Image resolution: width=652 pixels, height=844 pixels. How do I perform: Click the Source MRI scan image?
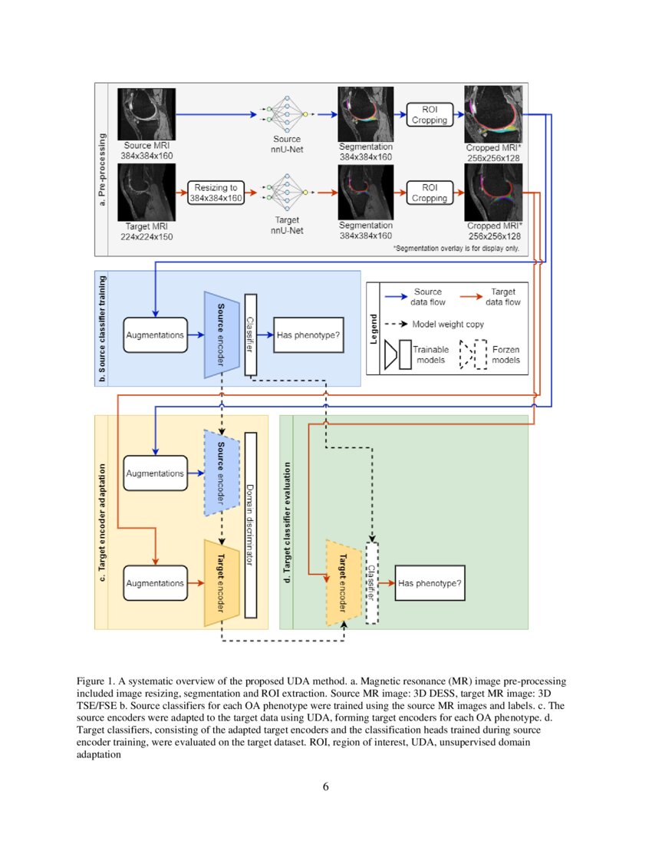pyautogui.click(x=147, y=114)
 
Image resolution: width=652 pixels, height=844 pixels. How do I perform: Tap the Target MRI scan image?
pyautogui.click(x=147, y=192)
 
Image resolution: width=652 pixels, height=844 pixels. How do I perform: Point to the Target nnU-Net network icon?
pyautogui.click(x=287, y=193)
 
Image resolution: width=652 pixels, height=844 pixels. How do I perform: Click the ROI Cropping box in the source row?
pyautogui.click(x=430, y=115)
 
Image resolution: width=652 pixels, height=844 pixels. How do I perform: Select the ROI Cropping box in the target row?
pyautogui.click(x=430, y=193)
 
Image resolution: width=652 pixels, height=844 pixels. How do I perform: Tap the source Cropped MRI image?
pyautogui.click(x=494, y=114)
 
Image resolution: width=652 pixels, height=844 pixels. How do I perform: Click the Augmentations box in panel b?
pyautogui.click(x=155, y=335)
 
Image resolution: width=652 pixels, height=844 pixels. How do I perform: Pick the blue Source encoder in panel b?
pyautogui.click(x=219, y=335)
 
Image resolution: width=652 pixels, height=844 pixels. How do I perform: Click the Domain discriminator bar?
pyautogui.click(x=249, y=524)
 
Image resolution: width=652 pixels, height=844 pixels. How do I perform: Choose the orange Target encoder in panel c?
pyautogui.click(x=219, y=583)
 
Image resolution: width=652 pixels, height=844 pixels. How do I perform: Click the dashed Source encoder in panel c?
pyautogui.click(x=219, y=472)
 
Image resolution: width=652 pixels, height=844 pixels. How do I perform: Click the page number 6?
pyautogui.click(x=326, y=785)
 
